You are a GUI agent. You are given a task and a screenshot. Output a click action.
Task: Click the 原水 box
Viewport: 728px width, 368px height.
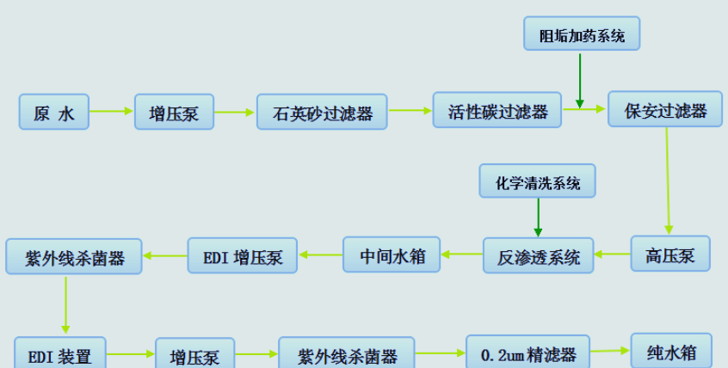coord(53,112)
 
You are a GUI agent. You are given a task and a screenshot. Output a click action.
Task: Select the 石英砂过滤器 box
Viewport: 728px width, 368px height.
coord(323,112)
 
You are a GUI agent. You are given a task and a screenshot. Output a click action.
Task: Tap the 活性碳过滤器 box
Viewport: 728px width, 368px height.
coord(497,110)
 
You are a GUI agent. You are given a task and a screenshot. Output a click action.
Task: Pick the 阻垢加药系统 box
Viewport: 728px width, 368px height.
coord(581,35)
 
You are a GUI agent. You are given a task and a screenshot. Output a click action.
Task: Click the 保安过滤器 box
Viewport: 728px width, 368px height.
coord(665,109)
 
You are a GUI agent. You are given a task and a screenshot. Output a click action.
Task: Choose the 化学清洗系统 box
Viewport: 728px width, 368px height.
coord(538,182)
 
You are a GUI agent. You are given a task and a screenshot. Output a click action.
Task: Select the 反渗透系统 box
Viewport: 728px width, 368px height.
coord(538,255)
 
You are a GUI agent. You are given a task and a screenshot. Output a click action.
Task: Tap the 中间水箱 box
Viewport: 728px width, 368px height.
coord(392,255)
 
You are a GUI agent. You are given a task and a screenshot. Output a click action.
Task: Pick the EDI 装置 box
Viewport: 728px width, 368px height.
coord(60,353)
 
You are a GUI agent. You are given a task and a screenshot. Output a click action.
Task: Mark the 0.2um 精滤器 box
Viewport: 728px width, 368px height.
coord(527,353)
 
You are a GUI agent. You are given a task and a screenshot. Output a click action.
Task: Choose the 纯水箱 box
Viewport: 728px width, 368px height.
coord(671,351)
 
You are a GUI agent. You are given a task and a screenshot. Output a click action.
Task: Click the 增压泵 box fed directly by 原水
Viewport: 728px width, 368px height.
coord(174,112)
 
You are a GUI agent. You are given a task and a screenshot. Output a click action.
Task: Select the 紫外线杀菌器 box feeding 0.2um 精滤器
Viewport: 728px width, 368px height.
coord(347,353)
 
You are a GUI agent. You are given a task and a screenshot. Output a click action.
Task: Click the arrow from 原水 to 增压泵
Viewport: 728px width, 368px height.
coord(111,111)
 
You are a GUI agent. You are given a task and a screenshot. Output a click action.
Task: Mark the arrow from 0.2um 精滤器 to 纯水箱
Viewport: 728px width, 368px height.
coord(610,351)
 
